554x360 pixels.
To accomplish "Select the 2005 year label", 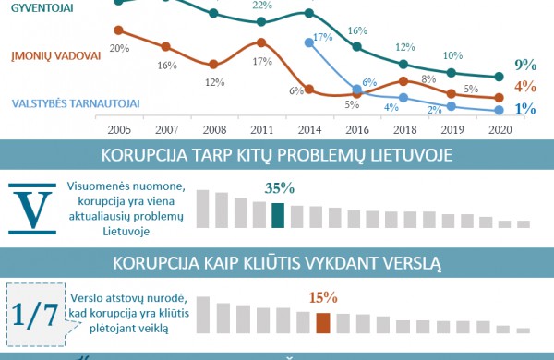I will pos(119,131).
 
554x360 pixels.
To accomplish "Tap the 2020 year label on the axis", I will pos(499,131).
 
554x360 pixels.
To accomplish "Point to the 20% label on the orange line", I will pos(118,47).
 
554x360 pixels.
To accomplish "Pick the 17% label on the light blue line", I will pos(322,38).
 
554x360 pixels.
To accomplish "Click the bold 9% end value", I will pos(526,65).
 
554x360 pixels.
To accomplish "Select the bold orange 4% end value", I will pos(526,88).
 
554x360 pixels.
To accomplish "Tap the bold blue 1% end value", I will pos(526,109).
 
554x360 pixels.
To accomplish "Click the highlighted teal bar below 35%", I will pos(278,215).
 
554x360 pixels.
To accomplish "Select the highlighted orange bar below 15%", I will pos(323,322).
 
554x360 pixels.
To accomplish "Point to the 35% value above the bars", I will pos(279,188).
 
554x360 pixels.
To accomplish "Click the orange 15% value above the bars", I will pos(323,298).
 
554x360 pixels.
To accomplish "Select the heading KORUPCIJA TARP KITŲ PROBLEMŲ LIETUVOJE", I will pos(277,154).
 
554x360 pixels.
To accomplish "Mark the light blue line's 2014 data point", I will pos(307,42).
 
